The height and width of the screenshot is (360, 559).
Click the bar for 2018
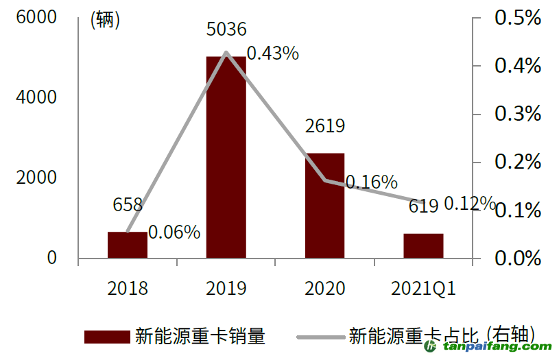point(128,245)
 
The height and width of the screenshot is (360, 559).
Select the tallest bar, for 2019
point(226,158)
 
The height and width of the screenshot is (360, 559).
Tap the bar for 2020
point(324,206)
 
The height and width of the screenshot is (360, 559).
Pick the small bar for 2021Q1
point(423,245)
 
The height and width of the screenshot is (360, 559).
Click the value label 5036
point(226,29)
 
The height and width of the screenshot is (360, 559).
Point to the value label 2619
point(324,126)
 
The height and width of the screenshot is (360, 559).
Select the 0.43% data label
point(272,53)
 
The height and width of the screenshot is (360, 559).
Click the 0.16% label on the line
point(371,182)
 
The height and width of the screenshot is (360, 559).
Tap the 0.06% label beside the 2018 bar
point(174,232)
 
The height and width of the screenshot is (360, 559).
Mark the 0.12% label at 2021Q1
point(469,204)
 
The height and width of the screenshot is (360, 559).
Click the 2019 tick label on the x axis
point(226,288)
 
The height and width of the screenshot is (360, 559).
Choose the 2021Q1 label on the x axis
point(423,288)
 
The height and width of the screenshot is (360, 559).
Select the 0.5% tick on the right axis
point(518,18)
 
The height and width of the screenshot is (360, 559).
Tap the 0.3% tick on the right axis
point(518,114)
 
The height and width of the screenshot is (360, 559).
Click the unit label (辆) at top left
point(105,21)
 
